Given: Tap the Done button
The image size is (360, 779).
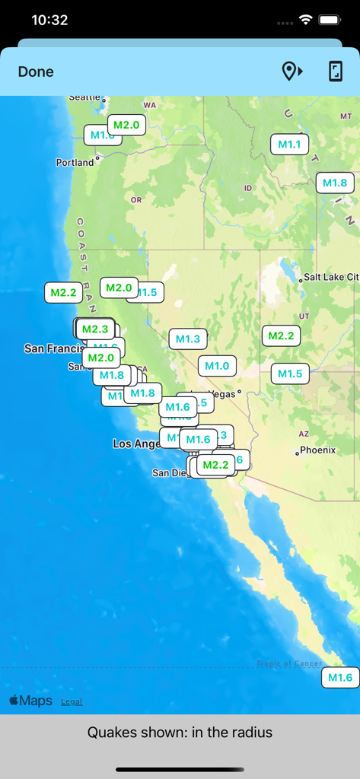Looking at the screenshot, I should click(36, 72).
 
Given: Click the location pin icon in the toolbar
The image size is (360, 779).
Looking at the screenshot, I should click(292, 72).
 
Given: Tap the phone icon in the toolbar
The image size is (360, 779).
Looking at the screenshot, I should click(335, 72).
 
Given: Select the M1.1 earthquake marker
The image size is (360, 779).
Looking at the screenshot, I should click(289, 145).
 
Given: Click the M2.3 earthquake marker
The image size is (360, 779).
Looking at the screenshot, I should click(95, 329).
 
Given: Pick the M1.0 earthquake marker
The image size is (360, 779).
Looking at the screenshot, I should click(217, 366).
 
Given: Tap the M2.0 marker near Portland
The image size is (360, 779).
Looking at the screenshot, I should click(126, 125).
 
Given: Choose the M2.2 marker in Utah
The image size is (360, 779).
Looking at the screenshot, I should click(281, 335).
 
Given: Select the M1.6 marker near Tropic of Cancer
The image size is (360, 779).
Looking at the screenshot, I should click(339, 678).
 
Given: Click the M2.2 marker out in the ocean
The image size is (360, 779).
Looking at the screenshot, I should click(63, 292).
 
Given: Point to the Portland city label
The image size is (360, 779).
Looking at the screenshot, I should click(75, 162).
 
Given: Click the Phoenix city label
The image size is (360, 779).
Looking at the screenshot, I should click(317, 450).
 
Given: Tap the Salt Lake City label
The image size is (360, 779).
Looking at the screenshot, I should click(330, 278).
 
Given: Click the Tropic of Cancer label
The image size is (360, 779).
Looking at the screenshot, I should click(288, 663).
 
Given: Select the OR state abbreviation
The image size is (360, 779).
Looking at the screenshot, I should click(136, 200).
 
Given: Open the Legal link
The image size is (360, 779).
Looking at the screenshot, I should click(72, 701).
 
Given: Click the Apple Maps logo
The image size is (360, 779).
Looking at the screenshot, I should click(31, 701).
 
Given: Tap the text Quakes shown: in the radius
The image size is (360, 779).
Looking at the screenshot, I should click(180, 733).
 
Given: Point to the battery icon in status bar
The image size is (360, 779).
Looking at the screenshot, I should click(330, 20).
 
